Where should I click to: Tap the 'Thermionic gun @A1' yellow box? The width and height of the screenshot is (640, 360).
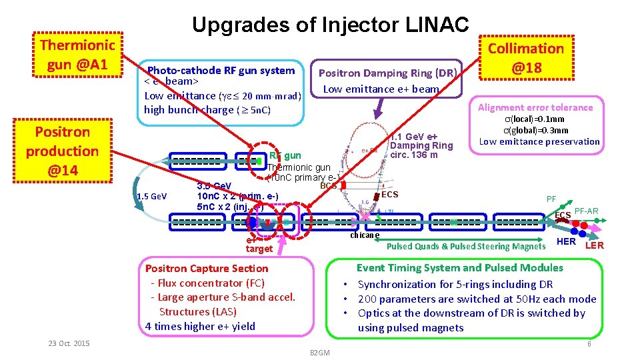[x=77, y=55]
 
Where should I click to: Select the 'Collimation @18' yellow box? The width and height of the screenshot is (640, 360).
[x=526, y=57]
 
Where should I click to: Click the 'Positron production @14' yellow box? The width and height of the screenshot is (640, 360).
[x=62, y=151]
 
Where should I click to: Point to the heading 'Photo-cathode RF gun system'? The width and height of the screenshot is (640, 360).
[x=221, y=71]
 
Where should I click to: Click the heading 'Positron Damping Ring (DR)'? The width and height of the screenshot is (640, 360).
[x=387, y=73]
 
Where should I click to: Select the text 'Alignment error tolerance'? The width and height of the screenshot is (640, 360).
[x=535, y=107]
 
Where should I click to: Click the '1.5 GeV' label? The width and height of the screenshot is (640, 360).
[x=151, y=196]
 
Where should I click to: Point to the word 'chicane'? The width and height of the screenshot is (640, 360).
[x=365, y=235]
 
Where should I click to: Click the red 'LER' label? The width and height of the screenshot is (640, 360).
[x=595, y=245]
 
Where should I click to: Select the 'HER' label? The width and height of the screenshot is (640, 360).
[x=566, y=241]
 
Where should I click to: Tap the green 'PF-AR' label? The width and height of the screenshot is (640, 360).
[x=586, y=212]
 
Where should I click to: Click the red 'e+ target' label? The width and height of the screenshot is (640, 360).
[x=259, y=245]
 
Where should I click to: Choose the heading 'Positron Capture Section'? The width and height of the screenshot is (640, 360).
[x=207, y=269]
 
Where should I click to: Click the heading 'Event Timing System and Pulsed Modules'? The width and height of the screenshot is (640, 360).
[x=459, y=268]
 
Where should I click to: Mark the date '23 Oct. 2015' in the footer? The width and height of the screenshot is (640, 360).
[x=69, y=343]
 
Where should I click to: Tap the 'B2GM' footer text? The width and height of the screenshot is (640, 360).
[x=321, y=351]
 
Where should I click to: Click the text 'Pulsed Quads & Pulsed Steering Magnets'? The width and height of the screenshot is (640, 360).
[x=466, y=246]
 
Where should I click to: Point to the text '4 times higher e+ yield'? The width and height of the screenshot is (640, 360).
[x=200, y=326]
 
